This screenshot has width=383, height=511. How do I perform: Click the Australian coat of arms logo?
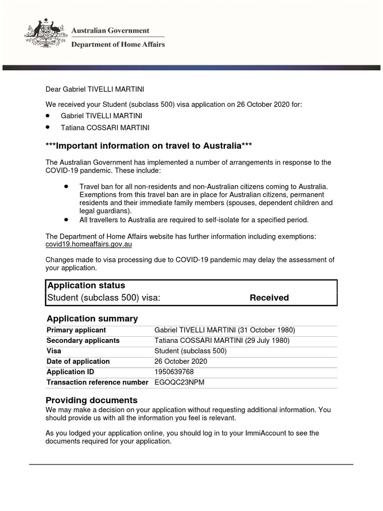tap(44, 33)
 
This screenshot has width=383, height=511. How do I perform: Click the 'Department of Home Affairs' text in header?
tap(118, 44)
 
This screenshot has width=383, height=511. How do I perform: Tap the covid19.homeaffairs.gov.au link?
tap(89, 245)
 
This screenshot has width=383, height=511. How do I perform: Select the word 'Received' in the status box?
tap(269, 298)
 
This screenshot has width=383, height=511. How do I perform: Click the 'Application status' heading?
tap(86, 285)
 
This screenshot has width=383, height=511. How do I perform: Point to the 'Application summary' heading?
tap(92, 318)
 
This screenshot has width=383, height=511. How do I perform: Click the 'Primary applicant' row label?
tap(76, 330)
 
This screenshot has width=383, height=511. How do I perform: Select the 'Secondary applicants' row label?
tap(83, 340)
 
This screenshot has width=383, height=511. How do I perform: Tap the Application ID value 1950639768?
tap(174, 372)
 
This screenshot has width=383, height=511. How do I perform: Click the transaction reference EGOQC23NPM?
tap(180, 382)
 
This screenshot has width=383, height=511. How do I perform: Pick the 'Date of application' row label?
tap(78, 361)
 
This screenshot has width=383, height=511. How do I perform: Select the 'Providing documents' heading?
tap(91, 400)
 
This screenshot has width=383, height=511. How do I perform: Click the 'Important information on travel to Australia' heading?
tap(148, 146)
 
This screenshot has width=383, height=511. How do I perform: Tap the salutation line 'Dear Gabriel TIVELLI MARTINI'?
tap(95, 89)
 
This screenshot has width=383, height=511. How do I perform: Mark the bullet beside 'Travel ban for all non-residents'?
tap(66, 186)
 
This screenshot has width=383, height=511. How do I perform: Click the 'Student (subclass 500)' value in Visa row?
tap(191, 351)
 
